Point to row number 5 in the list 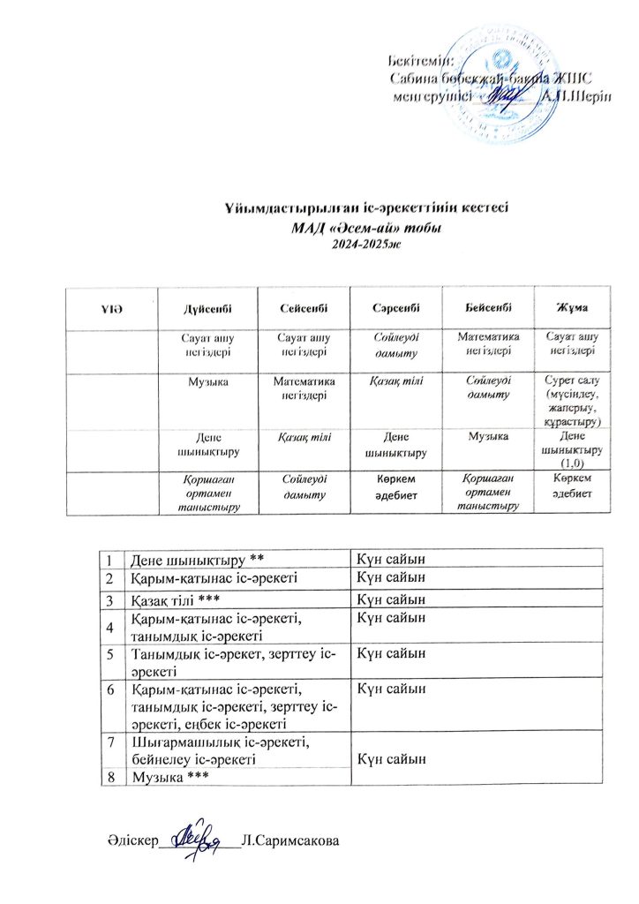tap(112, 654)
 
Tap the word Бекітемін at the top tap(422, 61)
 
